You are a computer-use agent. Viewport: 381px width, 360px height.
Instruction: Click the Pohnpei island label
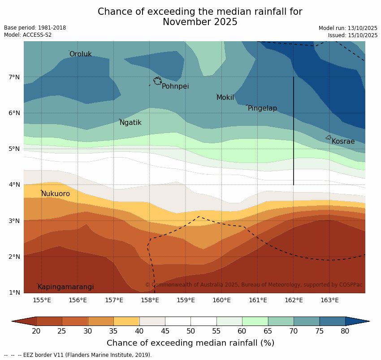[x=175, y=86]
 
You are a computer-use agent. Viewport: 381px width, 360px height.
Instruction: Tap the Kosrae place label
[x=343, y=141]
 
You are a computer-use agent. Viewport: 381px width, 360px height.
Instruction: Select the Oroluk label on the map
[x=81, y=54]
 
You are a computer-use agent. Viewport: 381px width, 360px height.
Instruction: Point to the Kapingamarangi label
[x=66, y=287]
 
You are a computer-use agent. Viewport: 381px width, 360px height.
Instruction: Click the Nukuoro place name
[x=56, y=194]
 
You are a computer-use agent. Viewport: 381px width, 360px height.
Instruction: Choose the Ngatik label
[x=130, y=123]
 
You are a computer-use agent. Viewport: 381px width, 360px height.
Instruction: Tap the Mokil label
[x=225, y=98]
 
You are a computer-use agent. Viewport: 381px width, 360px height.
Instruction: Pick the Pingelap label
[x=262, y=108]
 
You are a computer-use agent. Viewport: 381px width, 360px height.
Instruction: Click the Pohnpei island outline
[x=157, y=81]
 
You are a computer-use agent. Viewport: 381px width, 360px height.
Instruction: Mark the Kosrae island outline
[x=329, y=137]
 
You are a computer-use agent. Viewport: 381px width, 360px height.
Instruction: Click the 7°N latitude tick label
[x=14, y=77]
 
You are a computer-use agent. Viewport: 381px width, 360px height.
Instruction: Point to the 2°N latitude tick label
[x=14, y=257]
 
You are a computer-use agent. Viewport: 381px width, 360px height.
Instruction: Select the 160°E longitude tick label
[x=221, y=300]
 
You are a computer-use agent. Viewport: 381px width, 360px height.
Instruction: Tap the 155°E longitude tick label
[x=42, y=300]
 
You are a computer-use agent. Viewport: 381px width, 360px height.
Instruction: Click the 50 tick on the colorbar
[x=190, y=331]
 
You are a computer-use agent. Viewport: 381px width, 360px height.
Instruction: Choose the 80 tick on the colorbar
[x=345, y=331]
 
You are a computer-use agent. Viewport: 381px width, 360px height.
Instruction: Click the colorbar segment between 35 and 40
[x=126, y=321]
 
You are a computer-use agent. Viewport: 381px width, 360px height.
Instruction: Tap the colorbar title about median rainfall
[x=190, y=343]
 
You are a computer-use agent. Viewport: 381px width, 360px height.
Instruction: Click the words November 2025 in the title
[x=200, y=22]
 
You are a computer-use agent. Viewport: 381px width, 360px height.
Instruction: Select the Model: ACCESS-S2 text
[x=28, y=35]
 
